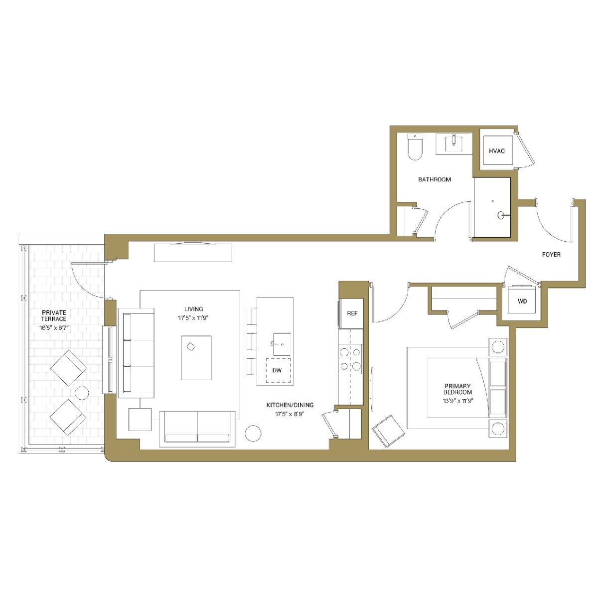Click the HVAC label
click(497, 151)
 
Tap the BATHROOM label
click(435, 179)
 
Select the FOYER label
click(551, 255)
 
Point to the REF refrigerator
click(352, 313)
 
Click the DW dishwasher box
click(278, 370)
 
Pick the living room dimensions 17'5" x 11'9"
click(193, 317)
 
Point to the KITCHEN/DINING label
click(290, 405)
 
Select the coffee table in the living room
click(196, 357)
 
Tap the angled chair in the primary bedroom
click(388, 432)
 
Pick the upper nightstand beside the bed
click(497, 346)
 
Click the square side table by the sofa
click(140, 419)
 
